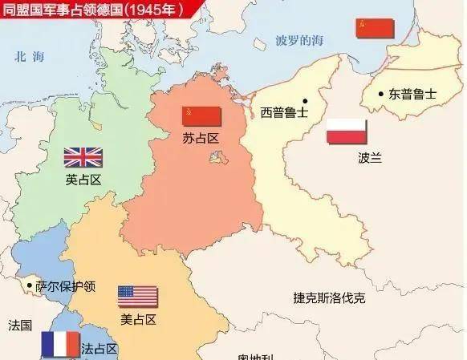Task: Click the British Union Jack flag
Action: click(83, 156)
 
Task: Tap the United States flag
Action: click(138, 296)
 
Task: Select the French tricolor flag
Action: click(60, 344)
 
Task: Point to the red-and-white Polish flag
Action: click(347, 131)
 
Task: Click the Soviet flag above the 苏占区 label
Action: click(201, 116)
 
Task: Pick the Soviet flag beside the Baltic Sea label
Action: click(376, 28)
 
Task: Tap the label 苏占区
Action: click(201, 138)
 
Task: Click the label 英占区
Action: click(83, 180)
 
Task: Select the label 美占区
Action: click(138, 319)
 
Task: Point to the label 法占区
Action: click(100, 349)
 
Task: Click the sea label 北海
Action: click(26, 56)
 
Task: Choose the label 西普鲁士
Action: click(284, 112)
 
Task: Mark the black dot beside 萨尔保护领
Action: click(30, 285)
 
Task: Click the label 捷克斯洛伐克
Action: click(329, 298)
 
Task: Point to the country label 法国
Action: click(20, 326)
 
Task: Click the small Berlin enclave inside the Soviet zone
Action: click(216, 158)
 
